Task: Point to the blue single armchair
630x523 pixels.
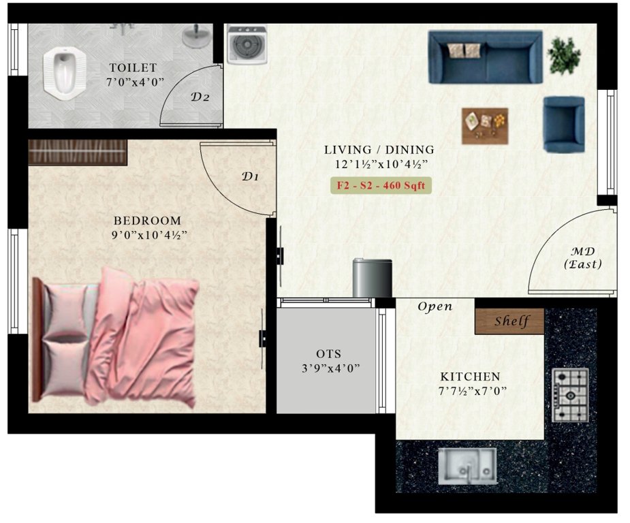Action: [563, 123]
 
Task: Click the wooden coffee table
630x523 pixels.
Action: [485, 125]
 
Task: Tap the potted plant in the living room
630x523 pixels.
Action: [565, 55]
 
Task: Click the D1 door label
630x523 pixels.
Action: [251, 176]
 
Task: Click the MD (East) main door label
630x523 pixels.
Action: [583, 257]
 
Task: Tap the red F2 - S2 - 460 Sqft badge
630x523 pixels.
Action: [381, 185]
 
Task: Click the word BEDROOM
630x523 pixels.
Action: [147, 221]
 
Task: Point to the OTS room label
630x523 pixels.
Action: [328, 354]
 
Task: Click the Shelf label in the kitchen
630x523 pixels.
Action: [510, 321]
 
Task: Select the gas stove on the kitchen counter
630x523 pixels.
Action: [570, 395]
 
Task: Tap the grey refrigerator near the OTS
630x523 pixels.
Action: [372, 278]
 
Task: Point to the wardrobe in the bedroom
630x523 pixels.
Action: [77, 151]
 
